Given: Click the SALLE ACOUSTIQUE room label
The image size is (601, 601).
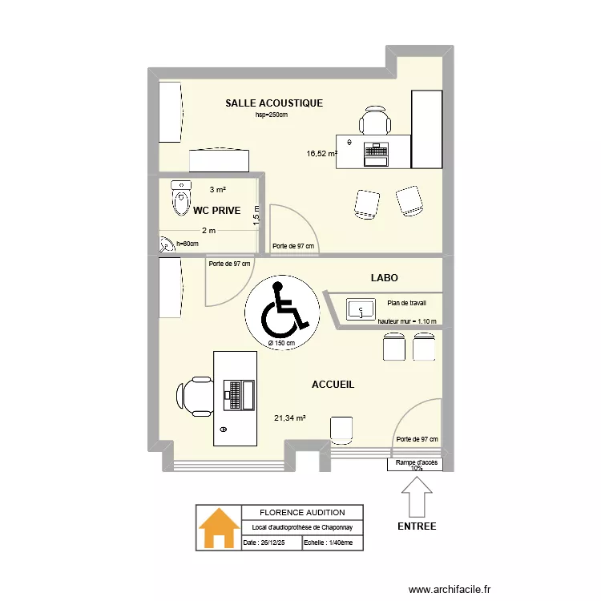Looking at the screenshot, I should point(274,103).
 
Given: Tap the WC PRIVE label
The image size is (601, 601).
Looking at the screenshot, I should point(216,211).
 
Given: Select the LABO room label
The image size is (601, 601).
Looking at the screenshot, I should point(384,278).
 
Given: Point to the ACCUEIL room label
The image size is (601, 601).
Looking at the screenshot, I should point(333,385).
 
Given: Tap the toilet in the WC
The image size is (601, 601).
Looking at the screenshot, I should point(182,194).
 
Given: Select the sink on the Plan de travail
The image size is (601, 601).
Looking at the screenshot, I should point(361,308).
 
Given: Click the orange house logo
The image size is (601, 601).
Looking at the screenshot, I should point(219,528).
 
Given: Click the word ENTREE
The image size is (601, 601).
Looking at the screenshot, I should point(417,526).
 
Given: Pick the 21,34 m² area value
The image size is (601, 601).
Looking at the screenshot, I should point(289,417).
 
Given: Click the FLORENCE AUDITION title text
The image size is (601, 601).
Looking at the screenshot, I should point(302,512).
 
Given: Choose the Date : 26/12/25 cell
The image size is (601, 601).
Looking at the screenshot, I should point(271,543).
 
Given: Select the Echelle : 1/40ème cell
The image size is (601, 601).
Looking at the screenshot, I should point(333,543).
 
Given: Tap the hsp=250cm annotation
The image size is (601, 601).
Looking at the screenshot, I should point(271,115).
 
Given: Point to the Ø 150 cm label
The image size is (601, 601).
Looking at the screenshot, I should point(281,343).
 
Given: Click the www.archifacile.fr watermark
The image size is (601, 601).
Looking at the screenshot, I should point(449,589).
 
